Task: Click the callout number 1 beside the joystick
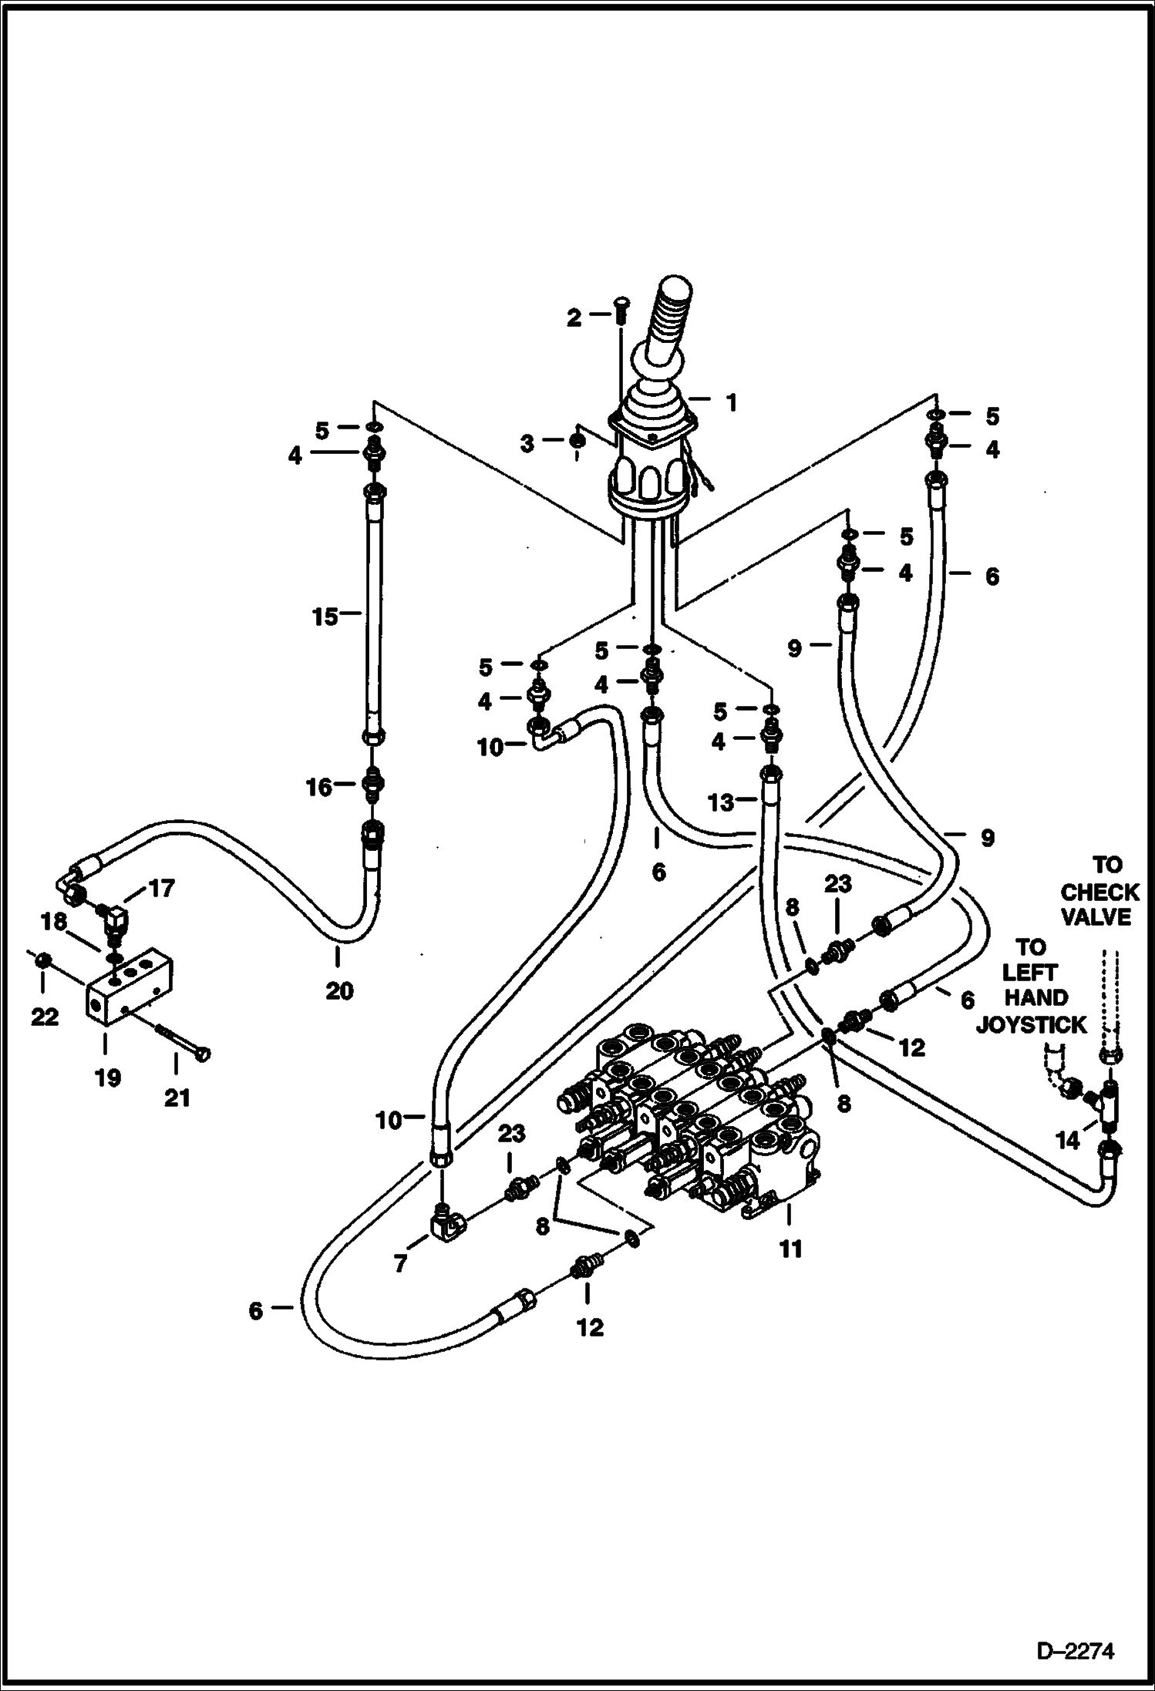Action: (x=731, y=402)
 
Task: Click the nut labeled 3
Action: (x=576, y=442)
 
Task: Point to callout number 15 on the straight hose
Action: (x=325, y=617)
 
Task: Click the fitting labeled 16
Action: (x=372, y=785)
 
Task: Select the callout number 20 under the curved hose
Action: (x=338, y=990)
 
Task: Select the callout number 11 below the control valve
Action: (x=791, y=1249)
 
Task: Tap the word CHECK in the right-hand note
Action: (x=1099, y=893)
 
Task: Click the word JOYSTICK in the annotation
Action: (x=1032, y=1025)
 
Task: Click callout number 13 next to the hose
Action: (x=722, y=803)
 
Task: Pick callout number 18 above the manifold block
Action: (x=55, y=922)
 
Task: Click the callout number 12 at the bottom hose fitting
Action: (x=590, y=1327)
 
